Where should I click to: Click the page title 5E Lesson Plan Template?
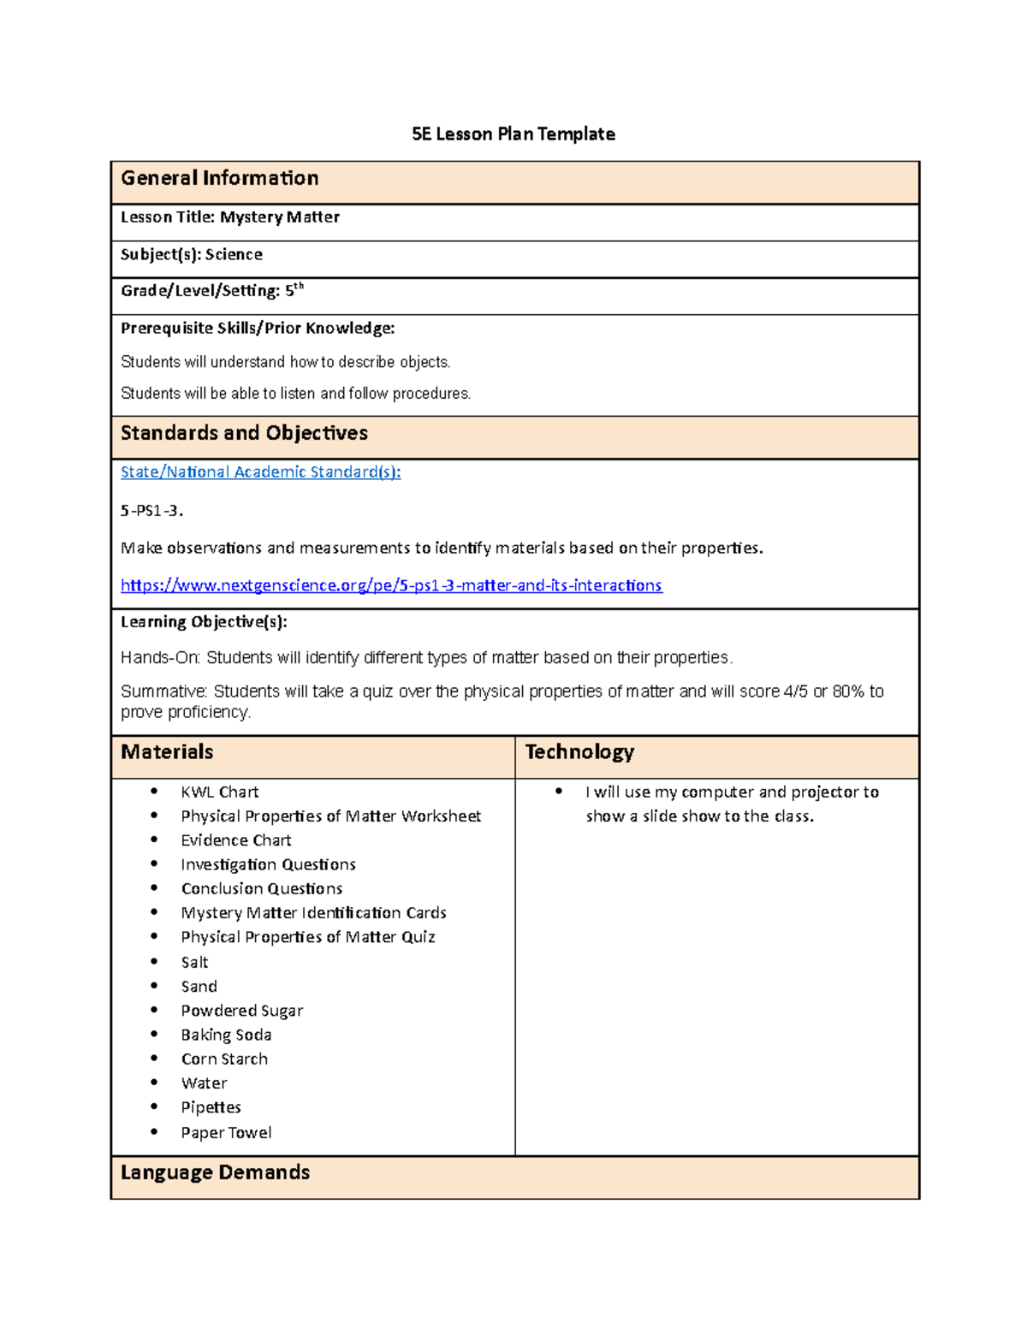pyautogui.click(x=513, y=134)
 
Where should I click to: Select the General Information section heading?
pyautogui.click(x=219, y=178)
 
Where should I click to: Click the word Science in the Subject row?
pyautogui.click(x=234, y=254)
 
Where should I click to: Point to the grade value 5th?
pyautogui.click(x=294, y=290)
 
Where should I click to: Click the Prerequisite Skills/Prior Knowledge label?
pyautogui.click(x=258, y=328)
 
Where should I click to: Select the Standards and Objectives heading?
pyautogui.click(x=244, y=433)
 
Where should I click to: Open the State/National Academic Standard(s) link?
pyautogui.click(x=260, y=472)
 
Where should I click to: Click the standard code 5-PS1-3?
pyautogui.click(x=151, y=511)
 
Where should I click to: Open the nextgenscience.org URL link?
pyautogui.click(x=391, y=585)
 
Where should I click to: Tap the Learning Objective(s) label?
pyautogui.click(x=204, y=621)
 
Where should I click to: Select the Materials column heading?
pyautogui.click(x=167, y=752)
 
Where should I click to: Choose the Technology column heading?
pyautogui.click(x=579, y=752)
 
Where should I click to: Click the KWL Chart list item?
pyautogui.click(x=219, y=792)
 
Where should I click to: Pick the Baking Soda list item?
pyautogui.click(x=226, y=1035)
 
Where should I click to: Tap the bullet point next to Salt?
pyautogui.click(x=154, y=961)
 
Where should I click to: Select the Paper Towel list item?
pyautogui.click(x=226, y=1132)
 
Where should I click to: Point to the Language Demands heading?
pyautogui.click(x=215, y=1172)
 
